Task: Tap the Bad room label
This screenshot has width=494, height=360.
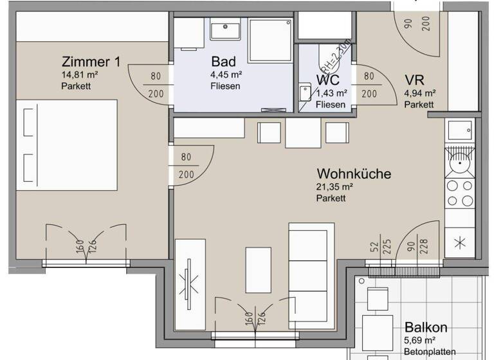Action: [223, 62]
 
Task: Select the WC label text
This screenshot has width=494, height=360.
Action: [327, 80]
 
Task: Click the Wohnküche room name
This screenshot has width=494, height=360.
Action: [354, 174]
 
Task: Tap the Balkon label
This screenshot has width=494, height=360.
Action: [426, 327]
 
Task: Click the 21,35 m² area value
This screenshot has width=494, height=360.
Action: [334, 187]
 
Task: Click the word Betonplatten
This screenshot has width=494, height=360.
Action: [430, 351]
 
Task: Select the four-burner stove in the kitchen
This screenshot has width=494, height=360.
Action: [459, 194]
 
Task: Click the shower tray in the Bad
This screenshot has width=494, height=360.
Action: [270, 40]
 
